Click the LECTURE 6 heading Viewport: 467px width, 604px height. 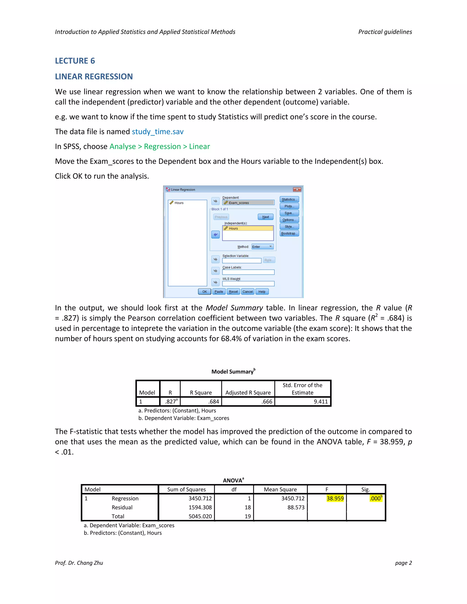[x=75, y=61]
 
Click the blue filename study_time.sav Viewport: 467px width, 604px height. [x=157, y=132]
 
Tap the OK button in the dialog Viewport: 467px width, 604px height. [x=205, y=292]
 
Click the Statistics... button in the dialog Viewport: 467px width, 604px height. [x=289, y=199]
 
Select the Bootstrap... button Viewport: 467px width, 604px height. [x=289, y=233]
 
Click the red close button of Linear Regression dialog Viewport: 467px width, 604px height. [x=297, y=189]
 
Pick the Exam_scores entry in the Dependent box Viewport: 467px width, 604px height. [x=239, y=203]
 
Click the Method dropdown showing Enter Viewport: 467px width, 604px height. [x=262, y=247]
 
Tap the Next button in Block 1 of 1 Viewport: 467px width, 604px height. [x=266, y=217]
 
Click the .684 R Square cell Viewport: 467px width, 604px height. [x=214, y=402]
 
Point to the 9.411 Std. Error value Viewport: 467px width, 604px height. [x=321, y=402]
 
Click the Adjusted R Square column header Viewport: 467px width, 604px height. [x=248, y=393]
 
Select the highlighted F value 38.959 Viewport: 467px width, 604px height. [x=335, y=498]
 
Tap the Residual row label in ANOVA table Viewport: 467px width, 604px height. [x=122, y=507]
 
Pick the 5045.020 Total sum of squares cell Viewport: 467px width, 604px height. [x=200, y=516]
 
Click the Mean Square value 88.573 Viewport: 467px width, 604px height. [x=296, y=507]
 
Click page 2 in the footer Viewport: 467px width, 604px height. [x=403, y=563]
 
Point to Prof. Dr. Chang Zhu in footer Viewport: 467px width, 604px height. [x=79, y=563]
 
